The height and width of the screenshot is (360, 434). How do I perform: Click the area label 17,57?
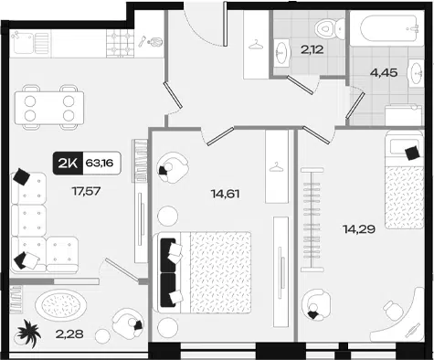[86, 191]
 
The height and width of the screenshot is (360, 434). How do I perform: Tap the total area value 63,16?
[100, 164]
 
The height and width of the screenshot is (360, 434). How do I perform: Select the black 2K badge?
[68, 164]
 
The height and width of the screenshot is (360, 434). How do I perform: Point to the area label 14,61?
[225, 194]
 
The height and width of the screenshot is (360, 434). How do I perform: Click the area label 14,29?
[359, 228]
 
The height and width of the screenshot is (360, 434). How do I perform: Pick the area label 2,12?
[312, 49]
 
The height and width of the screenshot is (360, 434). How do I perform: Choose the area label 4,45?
[384, 73]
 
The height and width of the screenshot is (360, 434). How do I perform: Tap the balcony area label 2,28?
[69, 334]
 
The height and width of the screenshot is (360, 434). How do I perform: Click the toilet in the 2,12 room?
[329, 28]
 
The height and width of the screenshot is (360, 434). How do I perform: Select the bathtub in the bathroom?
[386, 29]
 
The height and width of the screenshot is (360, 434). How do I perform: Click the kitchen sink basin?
[23, 43]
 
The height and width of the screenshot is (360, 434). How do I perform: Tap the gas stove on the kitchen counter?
[120, 43]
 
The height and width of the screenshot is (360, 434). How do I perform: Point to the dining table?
[49, 108]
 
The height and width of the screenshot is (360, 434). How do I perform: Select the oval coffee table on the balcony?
[60, 304]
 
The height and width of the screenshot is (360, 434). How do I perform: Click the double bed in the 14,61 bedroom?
[204, 272]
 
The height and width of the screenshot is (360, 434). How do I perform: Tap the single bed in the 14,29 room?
[404, 180]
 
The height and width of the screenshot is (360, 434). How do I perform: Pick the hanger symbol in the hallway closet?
[257, 45]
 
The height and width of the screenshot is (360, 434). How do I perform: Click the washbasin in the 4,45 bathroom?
[416, 74]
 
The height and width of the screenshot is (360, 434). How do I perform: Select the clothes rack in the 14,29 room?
[312, 219]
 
